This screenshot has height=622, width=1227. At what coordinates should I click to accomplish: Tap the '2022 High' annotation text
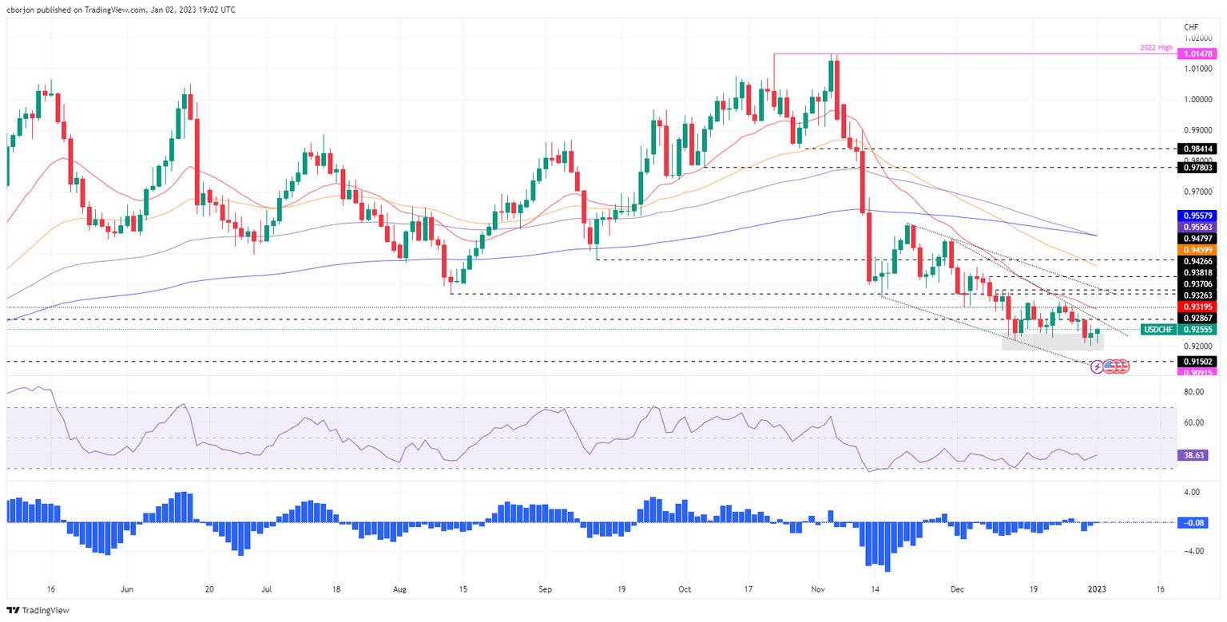click(1156, 49)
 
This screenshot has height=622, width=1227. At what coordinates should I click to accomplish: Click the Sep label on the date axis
click(544, 588)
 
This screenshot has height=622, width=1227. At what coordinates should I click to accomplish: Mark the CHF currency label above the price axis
click(1193, 26)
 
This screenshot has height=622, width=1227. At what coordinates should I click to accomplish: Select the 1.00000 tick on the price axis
click(1197, 100)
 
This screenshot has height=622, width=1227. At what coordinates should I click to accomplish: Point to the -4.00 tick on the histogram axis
click(1194, 552)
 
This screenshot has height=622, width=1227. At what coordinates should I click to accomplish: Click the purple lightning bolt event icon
click(1097, 366)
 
